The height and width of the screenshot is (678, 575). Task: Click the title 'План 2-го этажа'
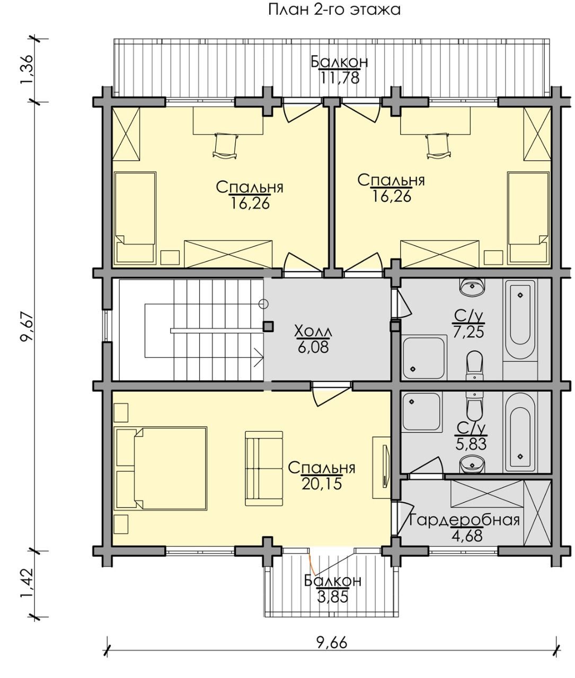click(x=334, y=10)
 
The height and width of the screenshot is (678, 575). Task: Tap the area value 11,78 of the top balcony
click(x=340, y=78)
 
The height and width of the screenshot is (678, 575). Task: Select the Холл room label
click(x=313, y=331)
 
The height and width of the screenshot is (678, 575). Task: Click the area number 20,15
click(x=322, y=483)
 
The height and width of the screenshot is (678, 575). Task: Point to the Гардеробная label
click(x=465, y=520)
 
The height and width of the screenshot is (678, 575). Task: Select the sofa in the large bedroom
click(x=264, y=469)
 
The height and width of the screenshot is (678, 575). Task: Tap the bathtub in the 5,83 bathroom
click(x=520, y=432)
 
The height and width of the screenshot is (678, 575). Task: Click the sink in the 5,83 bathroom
click(x=472, y=464)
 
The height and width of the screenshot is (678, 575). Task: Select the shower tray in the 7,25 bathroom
click(x=424, y=358)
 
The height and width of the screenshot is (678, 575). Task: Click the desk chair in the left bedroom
click(x=225, y=146)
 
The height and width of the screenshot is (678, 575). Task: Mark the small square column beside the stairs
click(x=268, y=326)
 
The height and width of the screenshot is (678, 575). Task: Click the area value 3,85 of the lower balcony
click(x=332, y=596)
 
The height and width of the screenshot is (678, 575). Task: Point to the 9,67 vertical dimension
click(x=26, y=327)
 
